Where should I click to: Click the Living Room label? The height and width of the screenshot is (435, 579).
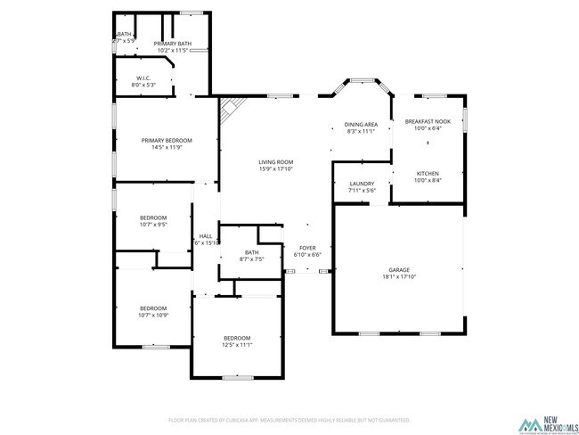276,162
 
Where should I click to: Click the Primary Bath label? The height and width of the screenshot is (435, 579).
172,44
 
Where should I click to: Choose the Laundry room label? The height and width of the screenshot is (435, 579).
362,184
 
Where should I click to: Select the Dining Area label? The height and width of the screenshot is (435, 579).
361,125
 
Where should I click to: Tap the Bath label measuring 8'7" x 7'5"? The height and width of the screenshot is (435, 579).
251,252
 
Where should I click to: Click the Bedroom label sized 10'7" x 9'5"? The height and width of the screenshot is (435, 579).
153,218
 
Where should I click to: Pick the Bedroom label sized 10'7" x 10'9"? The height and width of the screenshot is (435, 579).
152,308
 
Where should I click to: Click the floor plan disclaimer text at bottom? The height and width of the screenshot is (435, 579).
289,419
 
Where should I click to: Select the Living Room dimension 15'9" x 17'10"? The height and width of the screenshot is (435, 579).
276,168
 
